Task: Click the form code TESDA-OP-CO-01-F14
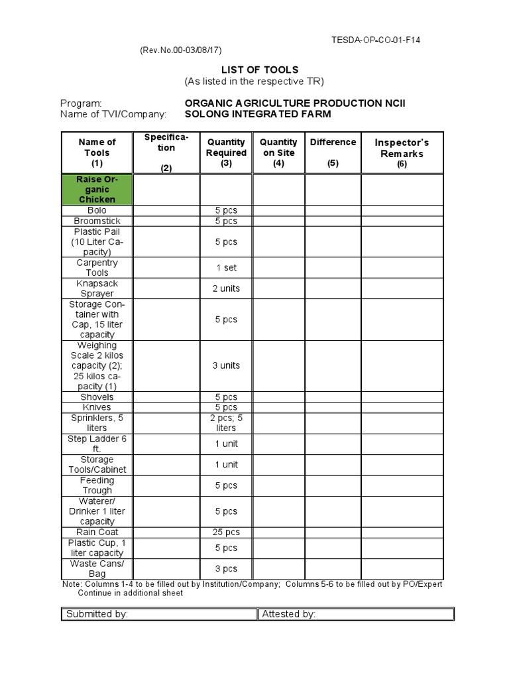pyautogui.click(x=376, y=40)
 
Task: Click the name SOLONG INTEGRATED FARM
pyautogui.click(x=258, y=114)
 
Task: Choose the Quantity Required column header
pyautogui.click(x=226, y=153)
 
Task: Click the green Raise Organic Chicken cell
pyautogui.click(x=97, y=190)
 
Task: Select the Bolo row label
pyautogui.click(x=97, y=210)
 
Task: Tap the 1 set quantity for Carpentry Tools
pyautogui.click(x=226, y=268)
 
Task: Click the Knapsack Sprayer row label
pyautogui.click(x=97, y=288)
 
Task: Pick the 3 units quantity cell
pyautogui.click(x=226, y=365)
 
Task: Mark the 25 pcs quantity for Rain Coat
pyautogui.click(x=226, y=532)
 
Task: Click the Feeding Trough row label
pyautogui.click(x=97, y=485)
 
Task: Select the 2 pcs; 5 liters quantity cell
pyautogui.click(x=226, y=423)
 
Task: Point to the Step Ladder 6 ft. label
pyautogui.click(x=97, y=444)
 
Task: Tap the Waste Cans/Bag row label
pyautogui.click(x=97, y=568)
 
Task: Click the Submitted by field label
pyautogui.click(x=97, y=614)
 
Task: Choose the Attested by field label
pyautogui.click(x=289, y=614)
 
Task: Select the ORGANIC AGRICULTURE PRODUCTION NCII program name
pyautogui.click(x=296, y=103)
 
